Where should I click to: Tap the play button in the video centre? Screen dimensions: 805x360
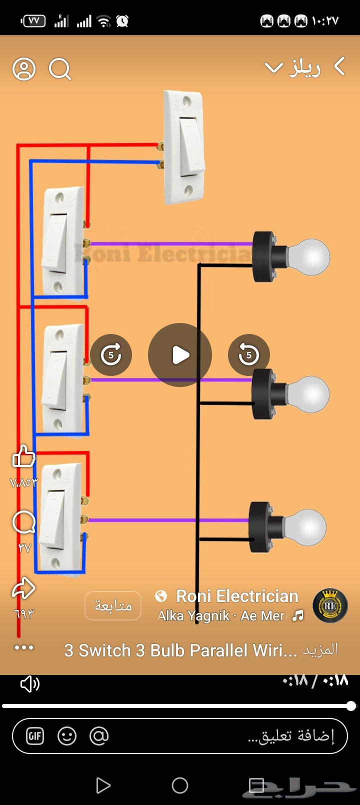180,355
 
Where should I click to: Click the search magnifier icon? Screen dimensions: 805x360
60,69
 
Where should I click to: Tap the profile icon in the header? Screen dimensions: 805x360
24,69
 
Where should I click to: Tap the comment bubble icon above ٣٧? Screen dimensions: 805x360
24,523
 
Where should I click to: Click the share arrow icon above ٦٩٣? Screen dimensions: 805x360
24,588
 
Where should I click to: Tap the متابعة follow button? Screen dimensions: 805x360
113,606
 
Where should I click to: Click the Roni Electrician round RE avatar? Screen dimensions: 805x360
330,605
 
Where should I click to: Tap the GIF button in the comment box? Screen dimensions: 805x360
35,736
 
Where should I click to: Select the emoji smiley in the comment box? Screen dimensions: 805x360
67,736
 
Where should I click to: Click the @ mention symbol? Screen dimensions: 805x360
99,736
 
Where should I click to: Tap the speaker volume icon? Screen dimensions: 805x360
29,684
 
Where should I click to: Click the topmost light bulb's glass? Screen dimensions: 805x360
310,257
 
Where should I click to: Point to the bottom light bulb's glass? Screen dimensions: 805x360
306,528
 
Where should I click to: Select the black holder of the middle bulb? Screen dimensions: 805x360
265,394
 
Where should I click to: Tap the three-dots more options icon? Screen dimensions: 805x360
24,648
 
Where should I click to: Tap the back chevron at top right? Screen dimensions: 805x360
339,66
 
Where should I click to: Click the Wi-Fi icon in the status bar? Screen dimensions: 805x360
103,21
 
